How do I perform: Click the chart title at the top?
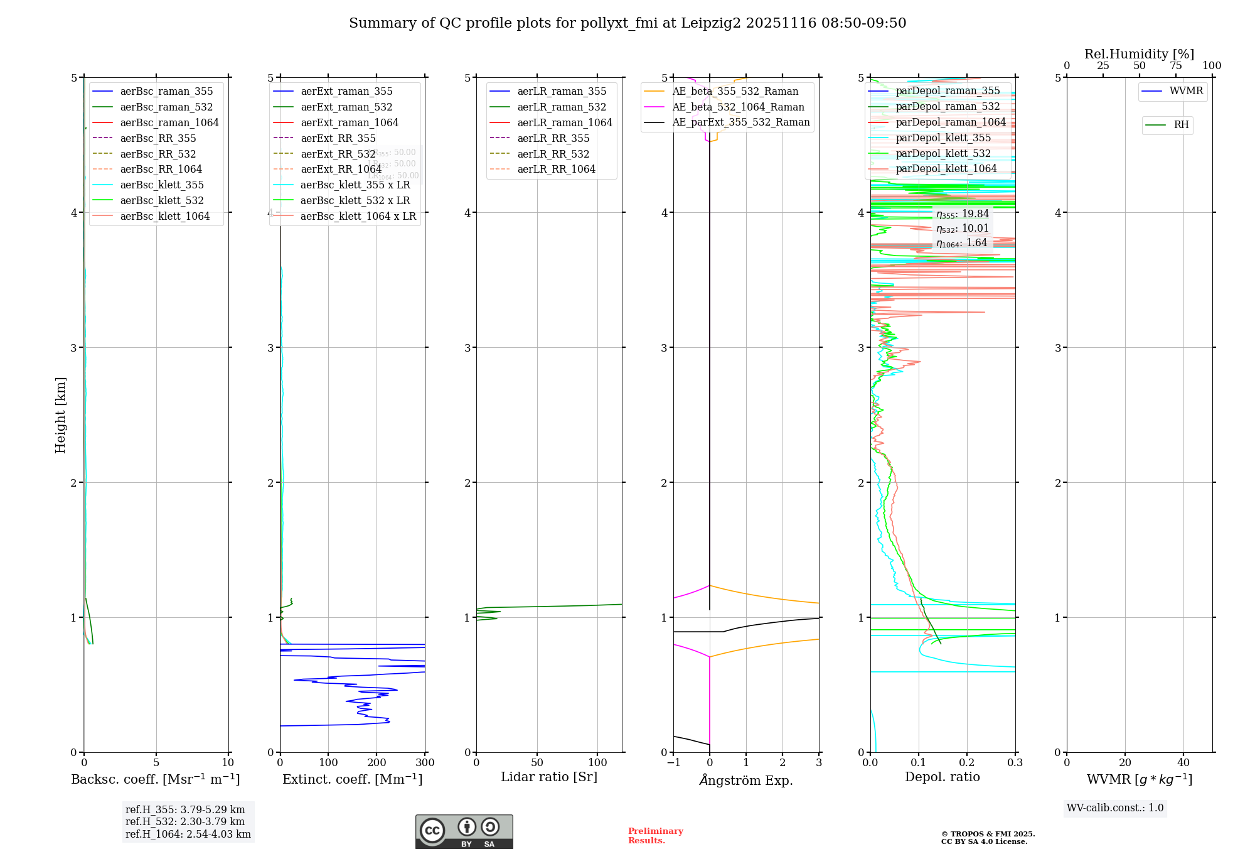click(x=627, y=23)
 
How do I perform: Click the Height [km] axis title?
click(x=60, y=415)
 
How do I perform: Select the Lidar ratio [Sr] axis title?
click(x=549, y=777)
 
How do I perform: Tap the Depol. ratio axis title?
click(x=942, y=777)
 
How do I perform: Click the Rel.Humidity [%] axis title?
click(x=1139, y=54)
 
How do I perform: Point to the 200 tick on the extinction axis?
click(x=376, y=762)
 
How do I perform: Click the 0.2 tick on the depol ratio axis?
click(x=967, y=762)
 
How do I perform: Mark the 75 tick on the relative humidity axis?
click(x=1176, y=66)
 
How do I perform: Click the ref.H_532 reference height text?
click(x=185, y=821)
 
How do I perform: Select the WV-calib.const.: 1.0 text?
click(x=1115, y=808)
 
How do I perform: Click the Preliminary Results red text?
click(x=655, y=836)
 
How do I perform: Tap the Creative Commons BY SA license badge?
click(x=464, y=831)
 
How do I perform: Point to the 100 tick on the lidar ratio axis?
click(x=598, y=762)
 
